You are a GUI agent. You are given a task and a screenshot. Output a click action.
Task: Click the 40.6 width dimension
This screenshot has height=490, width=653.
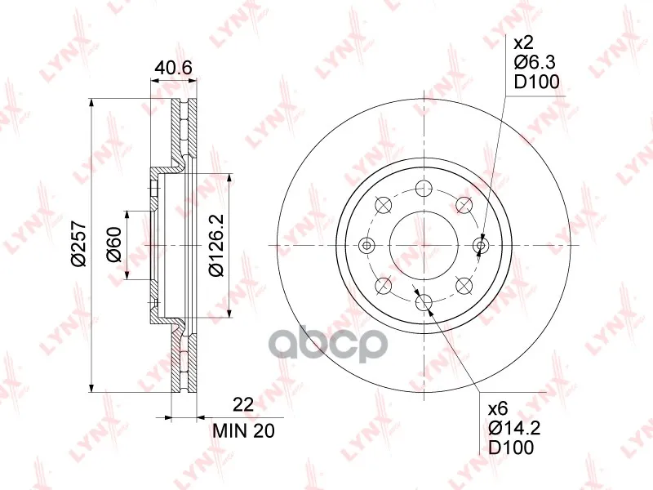(173, 67)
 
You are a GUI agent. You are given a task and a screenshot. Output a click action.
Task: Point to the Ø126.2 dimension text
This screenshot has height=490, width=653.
(216, 245)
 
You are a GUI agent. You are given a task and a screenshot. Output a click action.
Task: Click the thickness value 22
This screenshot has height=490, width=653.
(243, 404)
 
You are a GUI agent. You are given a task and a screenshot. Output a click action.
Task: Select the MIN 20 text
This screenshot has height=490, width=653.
(243, 431)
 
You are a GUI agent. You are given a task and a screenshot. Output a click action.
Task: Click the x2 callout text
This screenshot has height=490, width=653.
(523, 43)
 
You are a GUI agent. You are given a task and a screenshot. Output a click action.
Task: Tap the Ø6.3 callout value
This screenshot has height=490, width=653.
(535, 63)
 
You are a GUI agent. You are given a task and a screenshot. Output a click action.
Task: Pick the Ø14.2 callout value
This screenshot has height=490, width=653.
(514, 428)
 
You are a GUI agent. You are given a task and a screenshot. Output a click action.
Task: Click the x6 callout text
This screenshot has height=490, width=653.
(498, 409)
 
